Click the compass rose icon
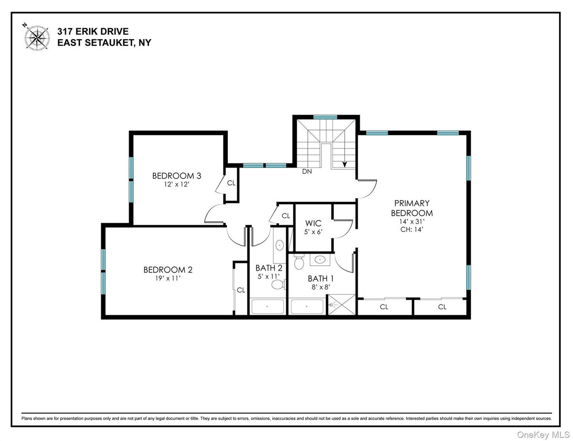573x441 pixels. pos(37,37)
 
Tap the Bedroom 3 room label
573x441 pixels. pos(176,176)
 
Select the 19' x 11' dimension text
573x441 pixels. pos(168,278)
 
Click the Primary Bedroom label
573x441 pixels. pos(412,208)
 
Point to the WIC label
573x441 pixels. pos(313,223)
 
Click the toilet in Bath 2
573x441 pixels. pos(278,285)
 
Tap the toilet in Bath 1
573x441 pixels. pos(299,262)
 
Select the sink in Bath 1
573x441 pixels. pos(320,260)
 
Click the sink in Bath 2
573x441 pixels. pos(279,245)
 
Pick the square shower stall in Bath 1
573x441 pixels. pos(341,304)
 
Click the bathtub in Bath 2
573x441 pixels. pos(267,306)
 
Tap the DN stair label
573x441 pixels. pos(307,171)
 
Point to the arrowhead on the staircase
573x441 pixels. pos(344,164)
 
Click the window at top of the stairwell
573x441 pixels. pos(325,117)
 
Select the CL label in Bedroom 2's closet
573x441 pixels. pos(241,290)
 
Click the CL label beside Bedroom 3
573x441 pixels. pos(231,183)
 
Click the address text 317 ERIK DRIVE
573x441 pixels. pos(93,31)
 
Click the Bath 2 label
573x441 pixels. pos(269,268)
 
